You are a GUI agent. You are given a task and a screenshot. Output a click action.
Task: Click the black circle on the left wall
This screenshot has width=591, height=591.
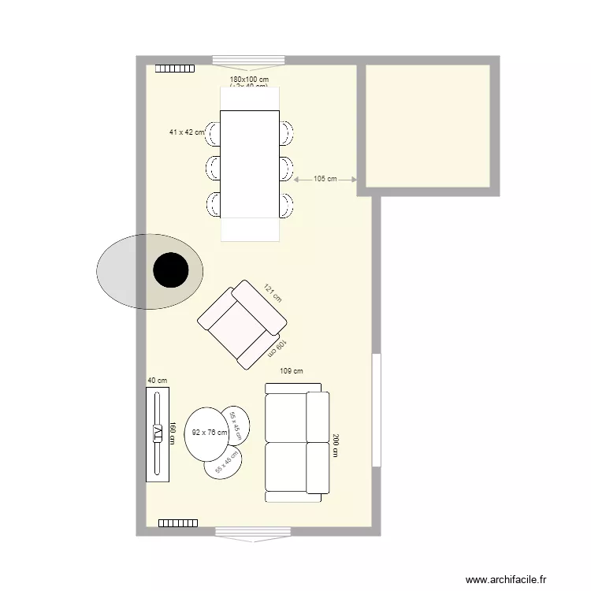(170, 270)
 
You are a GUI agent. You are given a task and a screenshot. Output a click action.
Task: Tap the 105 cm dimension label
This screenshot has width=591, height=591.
(325, 179)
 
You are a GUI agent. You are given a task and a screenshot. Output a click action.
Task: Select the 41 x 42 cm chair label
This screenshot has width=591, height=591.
(186, 132)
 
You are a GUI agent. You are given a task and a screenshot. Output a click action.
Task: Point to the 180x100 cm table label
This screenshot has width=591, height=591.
(249, 80)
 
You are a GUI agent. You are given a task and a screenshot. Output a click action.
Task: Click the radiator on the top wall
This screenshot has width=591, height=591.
(174, 69)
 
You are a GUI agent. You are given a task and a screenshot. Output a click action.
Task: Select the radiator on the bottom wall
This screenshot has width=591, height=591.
(177, 522)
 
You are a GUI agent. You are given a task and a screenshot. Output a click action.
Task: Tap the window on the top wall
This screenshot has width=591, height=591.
(249, 60)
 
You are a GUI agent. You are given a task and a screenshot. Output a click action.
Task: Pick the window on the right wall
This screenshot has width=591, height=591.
(377, 410)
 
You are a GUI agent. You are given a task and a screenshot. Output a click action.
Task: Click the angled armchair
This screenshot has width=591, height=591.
(241, 324)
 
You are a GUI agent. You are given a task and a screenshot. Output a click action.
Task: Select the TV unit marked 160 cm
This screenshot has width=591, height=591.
(158, 433)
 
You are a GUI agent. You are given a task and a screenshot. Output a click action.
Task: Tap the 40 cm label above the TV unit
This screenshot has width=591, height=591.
(158, 380)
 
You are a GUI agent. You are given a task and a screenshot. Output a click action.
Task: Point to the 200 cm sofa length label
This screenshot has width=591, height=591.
(336, 446)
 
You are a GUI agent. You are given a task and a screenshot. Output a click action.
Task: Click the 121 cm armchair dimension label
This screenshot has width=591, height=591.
(272, 293)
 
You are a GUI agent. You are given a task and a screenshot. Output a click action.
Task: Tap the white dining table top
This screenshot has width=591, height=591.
(250, 164)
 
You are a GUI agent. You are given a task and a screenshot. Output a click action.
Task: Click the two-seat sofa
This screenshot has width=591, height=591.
(296, 444)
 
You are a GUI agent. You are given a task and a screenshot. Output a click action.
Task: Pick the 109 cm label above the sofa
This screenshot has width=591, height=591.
(292, 370)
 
